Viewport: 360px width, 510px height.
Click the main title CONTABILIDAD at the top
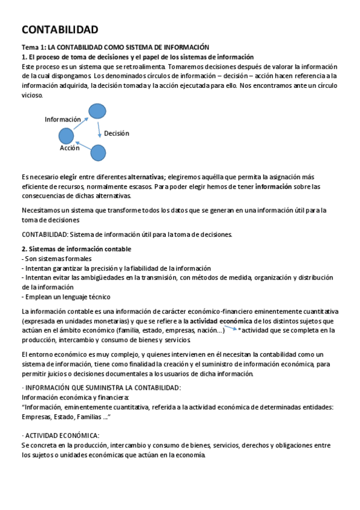pos(60,30)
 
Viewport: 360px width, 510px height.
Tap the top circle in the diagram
pos(97,111)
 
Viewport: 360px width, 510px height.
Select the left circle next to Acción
pos(66,136)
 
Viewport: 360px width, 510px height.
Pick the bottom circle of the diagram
pos(98,153)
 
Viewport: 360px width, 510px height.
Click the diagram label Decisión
pos(116,134)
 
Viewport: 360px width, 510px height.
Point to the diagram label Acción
pos(70,147)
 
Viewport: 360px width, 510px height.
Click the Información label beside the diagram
pos(63,120)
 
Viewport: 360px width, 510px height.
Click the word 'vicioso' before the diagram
pos(32,96)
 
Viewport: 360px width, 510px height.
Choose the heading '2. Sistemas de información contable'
pos(76,249)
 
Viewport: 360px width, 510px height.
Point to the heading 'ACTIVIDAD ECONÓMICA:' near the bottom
pos(62,435)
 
